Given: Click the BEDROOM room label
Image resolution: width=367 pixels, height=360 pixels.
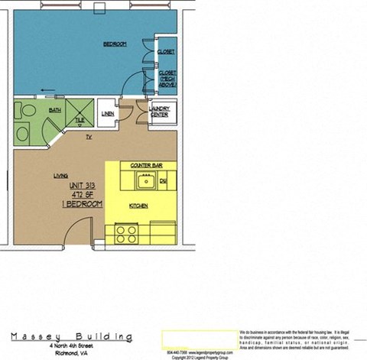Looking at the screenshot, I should coord(114,45).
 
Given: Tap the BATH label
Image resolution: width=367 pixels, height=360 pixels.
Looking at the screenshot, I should coord(54,110).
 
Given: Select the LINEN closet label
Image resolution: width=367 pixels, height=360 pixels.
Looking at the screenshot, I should coord(108,115).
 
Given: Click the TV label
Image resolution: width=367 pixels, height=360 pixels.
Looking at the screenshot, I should coord(89,137).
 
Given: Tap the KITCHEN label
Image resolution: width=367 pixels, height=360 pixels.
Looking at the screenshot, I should coord(138,206).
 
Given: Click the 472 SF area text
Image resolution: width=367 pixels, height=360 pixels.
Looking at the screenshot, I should coord(82,196).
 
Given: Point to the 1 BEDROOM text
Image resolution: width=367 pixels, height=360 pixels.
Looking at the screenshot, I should coord(82,205).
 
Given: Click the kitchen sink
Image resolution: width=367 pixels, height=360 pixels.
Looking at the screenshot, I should coord(144,181).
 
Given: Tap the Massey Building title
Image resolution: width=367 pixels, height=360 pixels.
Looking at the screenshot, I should coord(71,336).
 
